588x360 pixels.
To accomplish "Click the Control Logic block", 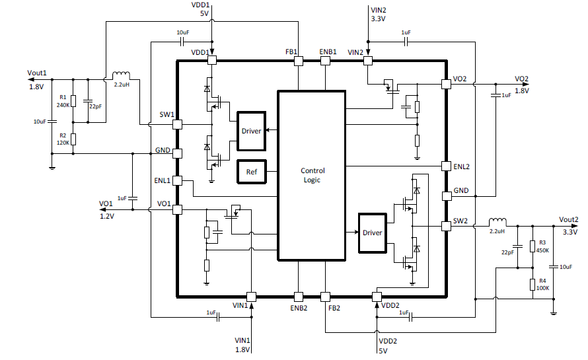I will point(311,175).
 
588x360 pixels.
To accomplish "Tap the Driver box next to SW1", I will point(250,131).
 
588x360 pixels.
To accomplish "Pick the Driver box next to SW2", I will point(372,233).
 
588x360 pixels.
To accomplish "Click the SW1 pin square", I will point(177,124).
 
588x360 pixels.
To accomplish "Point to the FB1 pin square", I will point(298,61).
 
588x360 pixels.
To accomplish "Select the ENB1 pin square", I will point(324,61).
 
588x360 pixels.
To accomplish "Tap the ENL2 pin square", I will point(446,165).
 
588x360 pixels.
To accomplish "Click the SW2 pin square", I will point(446,226).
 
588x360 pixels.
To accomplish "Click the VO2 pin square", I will point(446,84).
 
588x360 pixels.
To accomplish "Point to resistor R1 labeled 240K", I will point(73,102).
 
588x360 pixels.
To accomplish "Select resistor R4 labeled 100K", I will point(533,285).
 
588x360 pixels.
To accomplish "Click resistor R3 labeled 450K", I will point(533,247).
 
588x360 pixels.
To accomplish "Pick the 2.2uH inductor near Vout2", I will point(496,221).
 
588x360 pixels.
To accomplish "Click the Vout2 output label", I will point(568,219).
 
